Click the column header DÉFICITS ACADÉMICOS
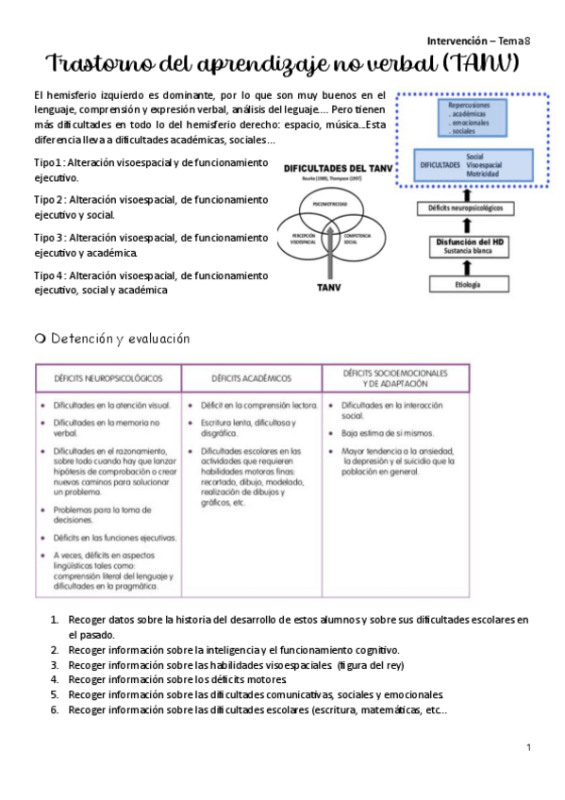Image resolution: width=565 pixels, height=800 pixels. (251, 378)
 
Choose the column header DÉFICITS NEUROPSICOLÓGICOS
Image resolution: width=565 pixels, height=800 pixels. (108, 378)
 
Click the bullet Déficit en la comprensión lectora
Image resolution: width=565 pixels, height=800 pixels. (258, 405)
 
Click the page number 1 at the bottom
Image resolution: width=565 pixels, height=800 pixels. (529, 748)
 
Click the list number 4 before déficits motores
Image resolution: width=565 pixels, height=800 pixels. (56, 678)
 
